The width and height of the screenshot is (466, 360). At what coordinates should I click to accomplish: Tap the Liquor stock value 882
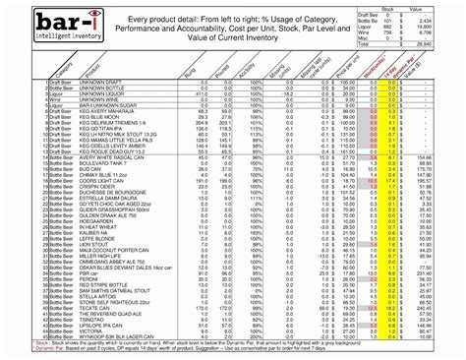pyautogui.click(x=414, y=26)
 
